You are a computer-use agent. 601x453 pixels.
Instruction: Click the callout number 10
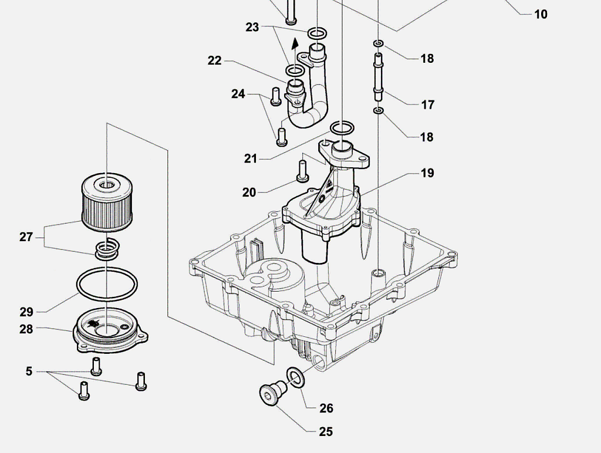click(541, 14)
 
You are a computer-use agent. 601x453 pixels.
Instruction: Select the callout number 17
click(427, 104)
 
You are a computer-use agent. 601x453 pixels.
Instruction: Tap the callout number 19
click(427, 173)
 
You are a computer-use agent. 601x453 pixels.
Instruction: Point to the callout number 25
click(326, 431)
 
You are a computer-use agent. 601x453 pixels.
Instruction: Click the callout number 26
click(326, 408)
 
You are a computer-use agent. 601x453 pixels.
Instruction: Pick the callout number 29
click(26, 312)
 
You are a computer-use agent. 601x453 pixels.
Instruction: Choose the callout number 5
click(29, 371)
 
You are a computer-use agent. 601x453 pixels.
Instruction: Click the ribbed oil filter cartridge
click(107, 202)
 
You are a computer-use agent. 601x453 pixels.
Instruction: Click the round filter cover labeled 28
click(110, 330)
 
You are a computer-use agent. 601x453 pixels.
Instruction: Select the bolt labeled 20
click(302, 171)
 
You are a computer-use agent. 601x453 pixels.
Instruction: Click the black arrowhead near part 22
click(295, 42)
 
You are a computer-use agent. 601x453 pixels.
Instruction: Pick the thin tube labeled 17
click(379, 77)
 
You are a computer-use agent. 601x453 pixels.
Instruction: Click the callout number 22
click(215, 60)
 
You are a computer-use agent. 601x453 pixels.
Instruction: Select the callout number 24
click(238, 94)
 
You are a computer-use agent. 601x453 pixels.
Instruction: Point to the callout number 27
click(26, 237)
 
